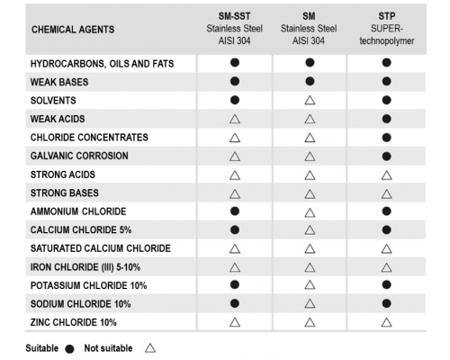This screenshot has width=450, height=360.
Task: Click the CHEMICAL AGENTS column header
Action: pyautogui.click(x=73, y=30)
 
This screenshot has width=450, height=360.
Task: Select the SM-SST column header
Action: pyautogui.click(x=234, y=28)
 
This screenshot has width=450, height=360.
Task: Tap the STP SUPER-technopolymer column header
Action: pyautogui.click(x=387, y=28)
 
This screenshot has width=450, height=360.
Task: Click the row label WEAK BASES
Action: pyautogui.click(x=59, y=82)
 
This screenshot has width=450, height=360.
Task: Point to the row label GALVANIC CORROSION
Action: pyautogui.click(x=79, y=156)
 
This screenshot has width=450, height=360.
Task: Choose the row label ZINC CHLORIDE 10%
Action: pyautogui.click(x=73, y=322)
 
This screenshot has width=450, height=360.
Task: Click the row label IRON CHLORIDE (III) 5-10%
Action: pyautogui.click(x=85, y=267)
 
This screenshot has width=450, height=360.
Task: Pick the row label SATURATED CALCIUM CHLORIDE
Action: pyautogui.click(x=101, y=248)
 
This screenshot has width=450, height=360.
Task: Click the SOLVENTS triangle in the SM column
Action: pyautogui.click(x=310, y=101)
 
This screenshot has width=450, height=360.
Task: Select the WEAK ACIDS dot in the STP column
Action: pyautogui.click(x=387, y=119)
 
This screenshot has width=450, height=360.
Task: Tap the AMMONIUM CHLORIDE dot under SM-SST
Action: pyautogui.click(x=235, y=211)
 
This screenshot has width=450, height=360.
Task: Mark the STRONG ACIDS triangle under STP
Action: pyautogui.click(x=387, y=175)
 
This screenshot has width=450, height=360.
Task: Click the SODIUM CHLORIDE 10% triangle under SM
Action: pyautogui.click(x=310, y=304)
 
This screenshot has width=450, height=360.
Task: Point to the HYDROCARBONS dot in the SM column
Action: pyautogui.click(x=310, y=62)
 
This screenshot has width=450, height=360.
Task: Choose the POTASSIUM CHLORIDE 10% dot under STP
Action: pyautogui.click(x=387, y=284)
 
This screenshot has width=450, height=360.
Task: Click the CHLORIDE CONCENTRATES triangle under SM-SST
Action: pyautogui.click(x=235, y=138)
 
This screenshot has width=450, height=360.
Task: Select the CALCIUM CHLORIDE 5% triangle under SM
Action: pyautogui.click(x=310, y=230)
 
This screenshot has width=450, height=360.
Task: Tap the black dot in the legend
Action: pyautogui.click(x=70, y=349)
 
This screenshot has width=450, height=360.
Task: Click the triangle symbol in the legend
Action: pyautogui.click(x=150, y=348)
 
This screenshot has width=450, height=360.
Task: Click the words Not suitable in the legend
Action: pyautogui.click(x=108, y=348)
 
